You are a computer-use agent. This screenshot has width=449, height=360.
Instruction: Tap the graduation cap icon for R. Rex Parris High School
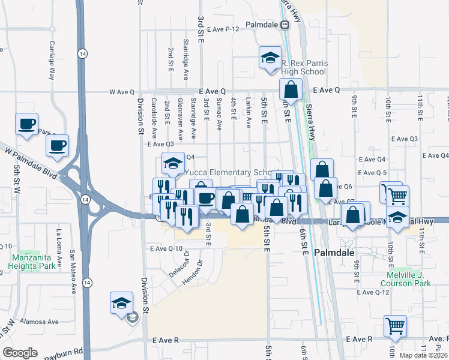[270, 58]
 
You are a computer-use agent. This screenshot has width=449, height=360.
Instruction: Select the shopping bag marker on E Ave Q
[291, 90]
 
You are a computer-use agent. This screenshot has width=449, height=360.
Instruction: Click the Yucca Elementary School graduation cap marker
[173, 163]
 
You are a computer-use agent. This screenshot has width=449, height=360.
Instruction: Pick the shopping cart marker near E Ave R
[395, 326]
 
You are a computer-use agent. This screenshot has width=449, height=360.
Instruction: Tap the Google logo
[20, 353]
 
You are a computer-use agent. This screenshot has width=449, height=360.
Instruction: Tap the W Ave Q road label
[121, 92]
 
